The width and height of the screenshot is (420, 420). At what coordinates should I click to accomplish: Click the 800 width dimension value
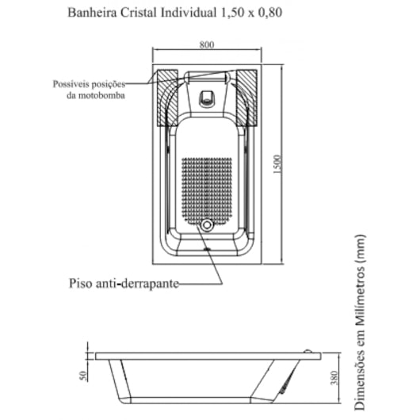pos(207,44)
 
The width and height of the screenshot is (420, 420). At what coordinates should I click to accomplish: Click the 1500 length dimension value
pos(277,164)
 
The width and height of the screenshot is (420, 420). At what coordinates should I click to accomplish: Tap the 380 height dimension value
pos(334,378)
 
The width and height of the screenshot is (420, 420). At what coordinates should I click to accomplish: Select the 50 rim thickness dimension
pos(83,376)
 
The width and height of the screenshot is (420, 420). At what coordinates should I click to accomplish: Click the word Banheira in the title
pos(92,13)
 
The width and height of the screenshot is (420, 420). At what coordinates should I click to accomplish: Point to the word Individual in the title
pos(189,13)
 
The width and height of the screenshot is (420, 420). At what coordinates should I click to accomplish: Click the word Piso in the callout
pos(81,284)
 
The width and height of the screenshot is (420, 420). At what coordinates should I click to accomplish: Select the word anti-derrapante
pos(137,284)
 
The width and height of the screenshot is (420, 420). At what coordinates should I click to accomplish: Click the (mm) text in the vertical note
pos(360,248)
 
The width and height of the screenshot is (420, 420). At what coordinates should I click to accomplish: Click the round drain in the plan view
pos(207,225)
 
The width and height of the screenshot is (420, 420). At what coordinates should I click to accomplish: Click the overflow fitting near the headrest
pos(207,98)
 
